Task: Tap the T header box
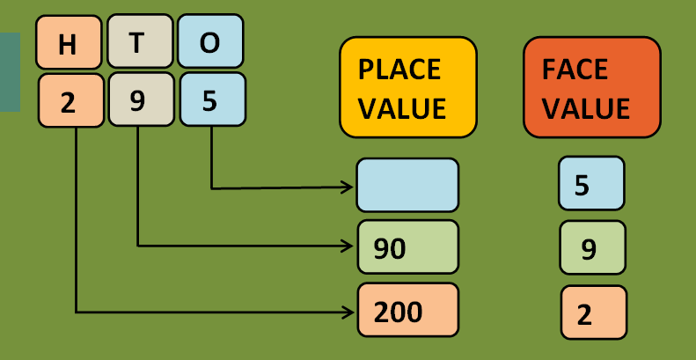pyautogui.click(x=140, y=41)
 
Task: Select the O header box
pyautogui.click(x=210, y=41)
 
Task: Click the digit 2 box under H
pyautogui.click(x=70, y=99)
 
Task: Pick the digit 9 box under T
pyautogui.click(x=140, y=99)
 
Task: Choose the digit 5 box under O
pyautogui.click(x=212, y=99)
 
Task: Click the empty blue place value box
pyautogui.click(x=407, y=185)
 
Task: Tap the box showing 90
pyautogui.click(x=407, y=247)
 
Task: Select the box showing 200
pyautogui.click(x=407, y=310)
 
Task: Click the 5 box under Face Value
pyautogui.click(x=590, y=184)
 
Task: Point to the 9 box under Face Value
pyautogui.click(x=592, y=248)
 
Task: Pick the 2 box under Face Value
pyautogui.click(x=593, y=312)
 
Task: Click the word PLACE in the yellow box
pyautogui.click(x=399, y=70)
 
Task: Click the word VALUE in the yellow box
pyautogui.click(x=402, y=108)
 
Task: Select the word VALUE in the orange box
pyautogui.click(x=586, y=108)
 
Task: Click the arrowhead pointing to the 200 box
pyautogui.click(x=349, y=312)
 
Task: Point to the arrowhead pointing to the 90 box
pyautogui.click(x=349, y=246)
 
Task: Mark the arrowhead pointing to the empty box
pyautogui.click(x=349, y=187)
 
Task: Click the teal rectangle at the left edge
pyautogui.click(x=9, y=72)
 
